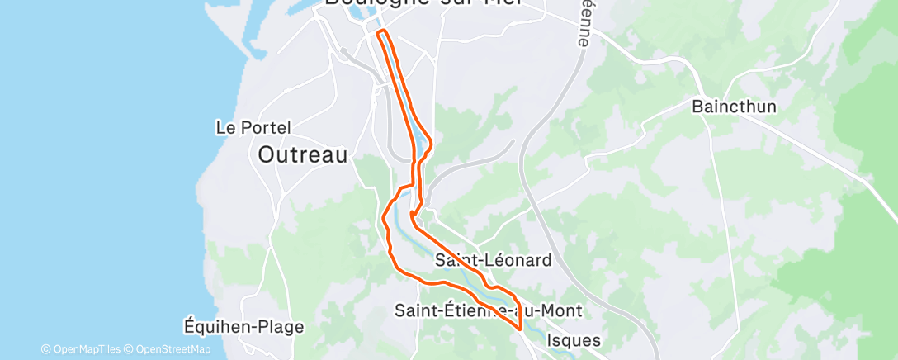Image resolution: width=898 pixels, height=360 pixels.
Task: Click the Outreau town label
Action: (302, 154)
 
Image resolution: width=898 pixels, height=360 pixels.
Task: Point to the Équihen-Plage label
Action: (243, 326)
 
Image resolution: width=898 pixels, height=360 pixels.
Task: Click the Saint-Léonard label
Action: (493, 260)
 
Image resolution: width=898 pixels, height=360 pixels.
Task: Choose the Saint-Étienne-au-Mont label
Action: (488, 310)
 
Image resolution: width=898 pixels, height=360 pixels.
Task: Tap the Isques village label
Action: (574, 340)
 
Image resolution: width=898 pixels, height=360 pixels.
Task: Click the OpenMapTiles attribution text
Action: (81, 349)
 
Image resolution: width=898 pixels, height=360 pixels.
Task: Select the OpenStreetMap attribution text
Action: (167, 349)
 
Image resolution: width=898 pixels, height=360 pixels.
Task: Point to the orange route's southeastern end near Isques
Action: (521, 328)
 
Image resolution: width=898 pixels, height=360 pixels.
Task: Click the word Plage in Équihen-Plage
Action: (278, 326)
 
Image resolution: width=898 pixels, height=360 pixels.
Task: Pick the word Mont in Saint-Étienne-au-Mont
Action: (561, 310)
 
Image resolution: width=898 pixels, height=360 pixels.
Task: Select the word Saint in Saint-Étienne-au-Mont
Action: (416, 310)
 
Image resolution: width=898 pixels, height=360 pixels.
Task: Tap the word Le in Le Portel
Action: (224, 128)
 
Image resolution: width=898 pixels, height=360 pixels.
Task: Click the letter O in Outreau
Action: (267, 154)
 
